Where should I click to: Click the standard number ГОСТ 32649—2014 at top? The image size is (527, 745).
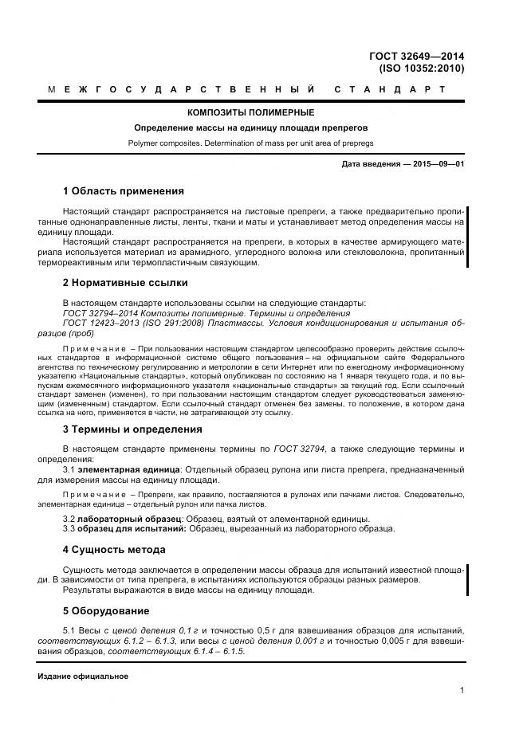pos(416,57)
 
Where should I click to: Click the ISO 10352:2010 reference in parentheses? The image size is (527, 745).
pos(423,69)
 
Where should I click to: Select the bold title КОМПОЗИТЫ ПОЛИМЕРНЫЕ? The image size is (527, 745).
pos(250,112)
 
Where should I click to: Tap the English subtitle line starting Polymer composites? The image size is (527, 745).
pos(250,143)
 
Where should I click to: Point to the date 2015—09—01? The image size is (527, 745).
pos(437,165)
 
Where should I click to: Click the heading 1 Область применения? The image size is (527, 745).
pos(123,191)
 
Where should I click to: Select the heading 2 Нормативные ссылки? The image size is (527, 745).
pos(125,282)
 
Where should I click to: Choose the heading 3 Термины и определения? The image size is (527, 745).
pos(132,429)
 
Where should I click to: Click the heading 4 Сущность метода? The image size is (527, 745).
pos(114,550)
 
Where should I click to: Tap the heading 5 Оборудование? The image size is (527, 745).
pos(106,611)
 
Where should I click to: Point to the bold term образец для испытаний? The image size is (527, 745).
pos(132,529)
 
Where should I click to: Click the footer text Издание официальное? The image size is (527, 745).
pos(83,676)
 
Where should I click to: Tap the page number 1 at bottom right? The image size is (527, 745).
pos(462,691)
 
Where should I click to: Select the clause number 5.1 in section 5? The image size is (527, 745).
pos(69,631)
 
